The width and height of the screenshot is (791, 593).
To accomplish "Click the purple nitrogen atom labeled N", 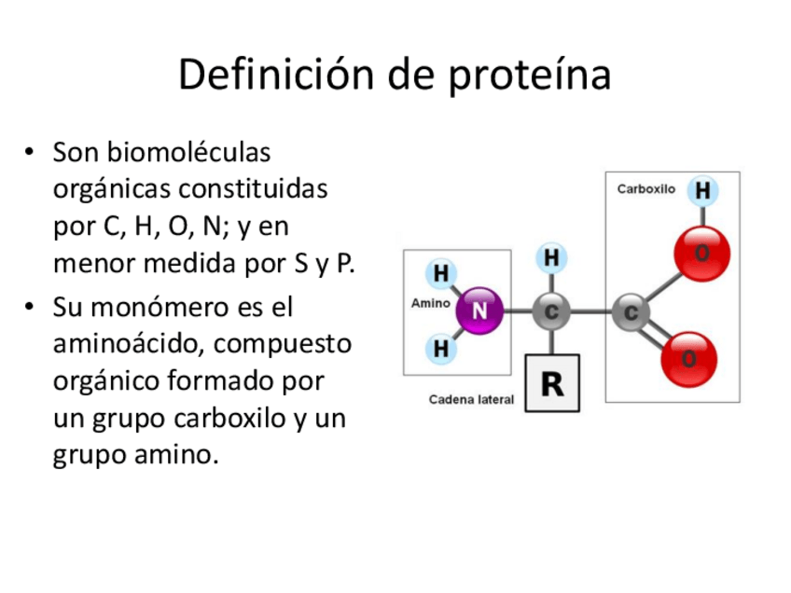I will click(479, 311).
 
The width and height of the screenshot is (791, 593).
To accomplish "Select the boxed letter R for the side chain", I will click(552, 382).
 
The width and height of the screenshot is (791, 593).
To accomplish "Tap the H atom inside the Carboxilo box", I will click(701, 191).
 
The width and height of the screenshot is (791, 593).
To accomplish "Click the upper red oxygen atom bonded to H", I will click(701, 253).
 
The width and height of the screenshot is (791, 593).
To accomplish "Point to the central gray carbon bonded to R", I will click(552, 311).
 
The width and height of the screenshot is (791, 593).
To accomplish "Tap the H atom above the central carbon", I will click(552, 257).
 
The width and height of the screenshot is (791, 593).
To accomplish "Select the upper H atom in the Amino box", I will click(440, 274).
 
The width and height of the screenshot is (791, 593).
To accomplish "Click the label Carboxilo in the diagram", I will click(646, 189).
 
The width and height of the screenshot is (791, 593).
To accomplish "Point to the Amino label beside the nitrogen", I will click(430, 303).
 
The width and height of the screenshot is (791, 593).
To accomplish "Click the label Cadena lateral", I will click(471, 400).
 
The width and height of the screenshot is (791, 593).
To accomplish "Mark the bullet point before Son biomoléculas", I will click(31, 151).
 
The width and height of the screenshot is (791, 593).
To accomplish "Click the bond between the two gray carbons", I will click(591, 311).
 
